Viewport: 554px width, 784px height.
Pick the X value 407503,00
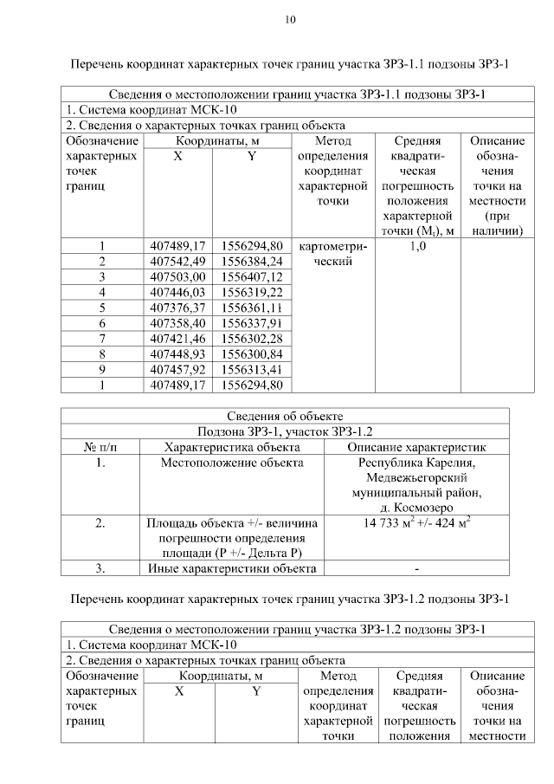pos(177,276)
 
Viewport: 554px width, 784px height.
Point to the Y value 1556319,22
pos(253,292)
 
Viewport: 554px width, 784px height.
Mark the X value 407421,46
pos(177,338)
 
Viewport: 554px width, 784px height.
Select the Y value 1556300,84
pos(253,353)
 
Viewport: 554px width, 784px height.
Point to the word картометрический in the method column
pos(332,253)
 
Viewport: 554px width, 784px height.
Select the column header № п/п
pos(100,447)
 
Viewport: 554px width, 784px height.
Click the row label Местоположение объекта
pos(232,463)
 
